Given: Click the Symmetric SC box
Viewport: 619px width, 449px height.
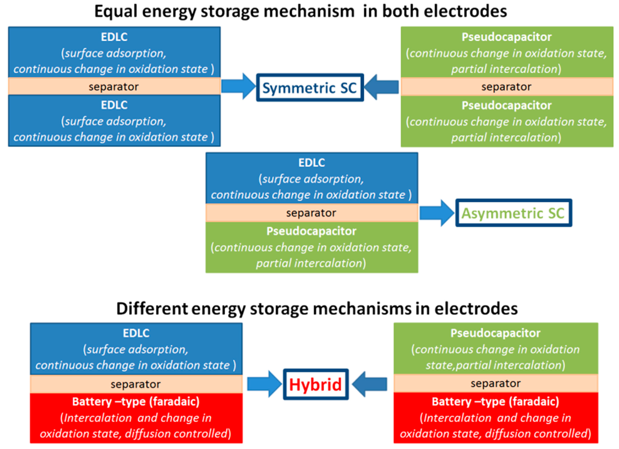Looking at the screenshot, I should click(x=310, y=88).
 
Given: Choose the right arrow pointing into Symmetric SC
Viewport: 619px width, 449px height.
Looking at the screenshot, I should click(x=382, y=87).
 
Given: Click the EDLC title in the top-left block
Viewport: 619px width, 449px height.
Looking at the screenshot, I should click(x=114, y=37).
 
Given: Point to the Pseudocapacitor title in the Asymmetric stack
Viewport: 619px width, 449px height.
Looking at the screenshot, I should click(x=311, y=231).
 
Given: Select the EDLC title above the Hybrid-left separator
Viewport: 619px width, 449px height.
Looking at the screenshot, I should click(x=136, y=333).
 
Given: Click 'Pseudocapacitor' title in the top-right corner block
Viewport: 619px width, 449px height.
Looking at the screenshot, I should click(x=507, y=37).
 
